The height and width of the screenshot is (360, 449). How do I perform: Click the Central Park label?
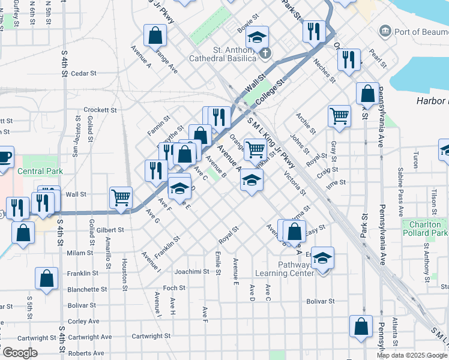click(40, 170)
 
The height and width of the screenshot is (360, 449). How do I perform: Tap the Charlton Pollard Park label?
click(425, 228)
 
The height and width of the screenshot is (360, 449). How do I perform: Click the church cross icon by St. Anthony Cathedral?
click(265, 53)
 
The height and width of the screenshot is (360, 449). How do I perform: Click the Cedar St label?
click(83, 73)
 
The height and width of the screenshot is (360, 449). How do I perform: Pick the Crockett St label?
click(100, 110)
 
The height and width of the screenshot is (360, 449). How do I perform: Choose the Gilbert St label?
click(109, 230)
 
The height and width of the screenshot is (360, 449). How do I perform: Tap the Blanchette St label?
click(86, 289)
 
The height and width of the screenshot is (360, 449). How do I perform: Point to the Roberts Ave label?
click(86, 353)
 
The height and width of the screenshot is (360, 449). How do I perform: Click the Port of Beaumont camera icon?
click(384, 31)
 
